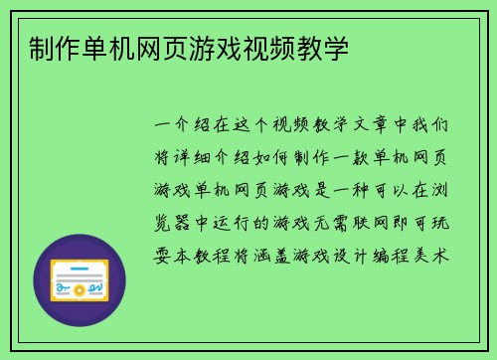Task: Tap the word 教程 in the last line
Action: click(x=215, y=254)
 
